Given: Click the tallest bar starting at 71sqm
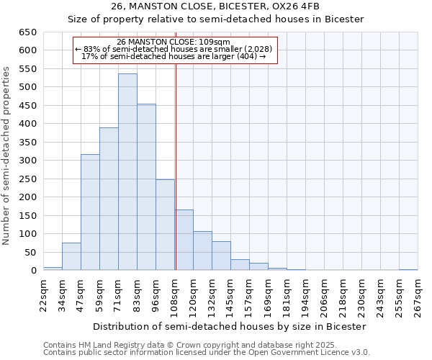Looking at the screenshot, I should click(x=127, y=172).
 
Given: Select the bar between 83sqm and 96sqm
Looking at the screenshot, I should click(x=146, y=187).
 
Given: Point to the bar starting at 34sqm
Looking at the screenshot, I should click(x=71, y=256).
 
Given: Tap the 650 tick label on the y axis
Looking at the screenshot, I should click(x=27, y=32).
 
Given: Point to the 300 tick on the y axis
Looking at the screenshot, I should click(x=27, y=161).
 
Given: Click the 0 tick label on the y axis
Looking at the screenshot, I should click(x=33, y=271).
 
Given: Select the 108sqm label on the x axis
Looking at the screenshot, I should click(x=175, y=296).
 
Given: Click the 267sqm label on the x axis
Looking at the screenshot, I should click(x=418, y=296).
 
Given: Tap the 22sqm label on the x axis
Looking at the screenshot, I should click(x=44, y=296).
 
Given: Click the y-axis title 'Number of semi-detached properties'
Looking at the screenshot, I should click(x=7, y=156).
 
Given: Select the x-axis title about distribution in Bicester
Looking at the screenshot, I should click(x=230, y=326).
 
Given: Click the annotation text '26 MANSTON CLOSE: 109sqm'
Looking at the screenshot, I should click(x=174, y=42).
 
